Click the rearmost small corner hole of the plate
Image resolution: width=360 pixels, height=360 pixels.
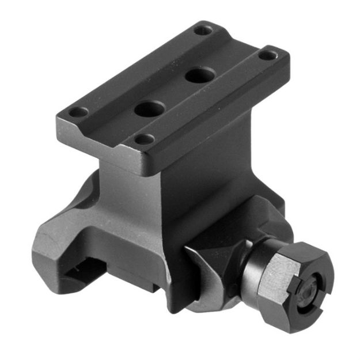pos(201,30)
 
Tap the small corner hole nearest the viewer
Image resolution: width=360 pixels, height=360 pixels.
pos(143,139)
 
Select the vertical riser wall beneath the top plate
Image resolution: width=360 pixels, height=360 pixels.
pos(190,173)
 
